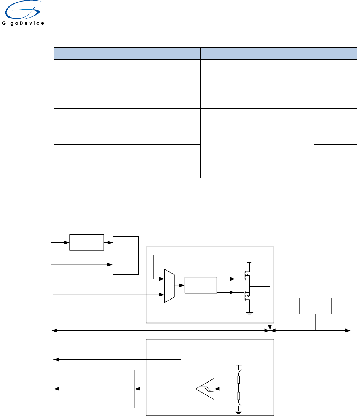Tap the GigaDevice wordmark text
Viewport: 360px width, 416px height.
click(x=23, y=23)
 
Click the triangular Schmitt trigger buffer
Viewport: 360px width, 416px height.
click(x=205, y=389)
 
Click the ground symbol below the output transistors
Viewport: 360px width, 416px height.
click(x=249, y=313)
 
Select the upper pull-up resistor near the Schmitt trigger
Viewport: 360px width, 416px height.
click(x=239, y=379)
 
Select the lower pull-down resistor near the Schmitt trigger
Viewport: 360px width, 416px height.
click(x=239, y=396)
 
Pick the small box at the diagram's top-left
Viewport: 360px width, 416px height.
click(x=86, y=242)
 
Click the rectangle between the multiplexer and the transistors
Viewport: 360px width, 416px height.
click(x=200, y=285)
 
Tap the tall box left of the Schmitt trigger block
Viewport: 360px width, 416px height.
click(x=122, y=388)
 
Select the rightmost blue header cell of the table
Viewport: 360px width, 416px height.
click(x=335, y=53)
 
